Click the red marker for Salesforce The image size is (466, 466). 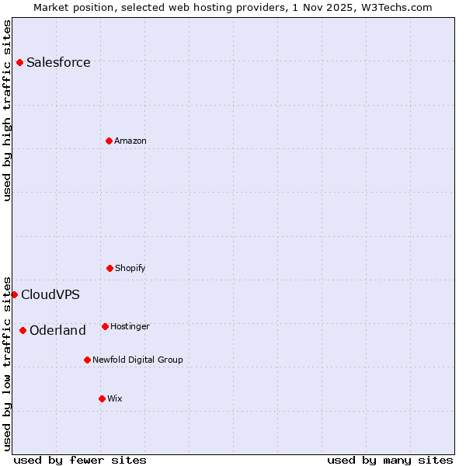pos(19,62)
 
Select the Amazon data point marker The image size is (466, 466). pos(109,141)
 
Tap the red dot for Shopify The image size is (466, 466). pos(110,268)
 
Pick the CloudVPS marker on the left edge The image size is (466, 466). pos(14,294)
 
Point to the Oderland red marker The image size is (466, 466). pos(23,330)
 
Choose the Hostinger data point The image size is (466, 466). pos(105,326)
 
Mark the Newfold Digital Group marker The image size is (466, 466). pos(87,360)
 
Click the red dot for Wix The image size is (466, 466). pos(102,398)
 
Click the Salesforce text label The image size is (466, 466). pos(58,63)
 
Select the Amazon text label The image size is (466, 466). pos(130,141)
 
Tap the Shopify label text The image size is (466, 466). pos(130,269)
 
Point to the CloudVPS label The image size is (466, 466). pos(50,295)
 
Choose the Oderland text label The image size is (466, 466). pos(57,331)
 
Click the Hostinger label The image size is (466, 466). pos(130,327)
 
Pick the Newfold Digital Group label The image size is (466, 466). pos(137,360)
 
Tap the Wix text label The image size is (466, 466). pos(115,399)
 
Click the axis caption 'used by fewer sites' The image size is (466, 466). pos(80,460)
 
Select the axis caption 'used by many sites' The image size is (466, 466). pos(390,460)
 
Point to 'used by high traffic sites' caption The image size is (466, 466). pos(8,110)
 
